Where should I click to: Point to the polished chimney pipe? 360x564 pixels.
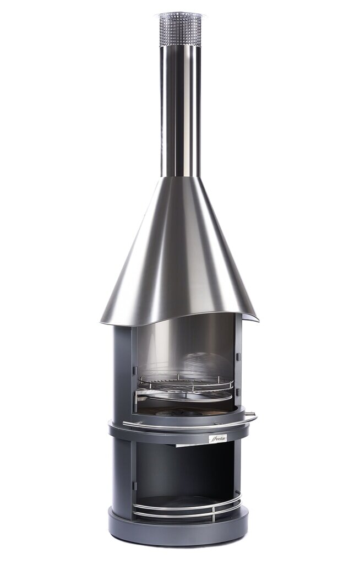(x=180, y=110)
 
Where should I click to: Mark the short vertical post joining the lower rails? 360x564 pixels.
(x=214, y=513)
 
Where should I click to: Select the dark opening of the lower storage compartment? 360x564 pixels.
(x=182, y=468)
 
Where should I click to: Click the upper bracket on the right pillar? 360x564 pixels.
(x=238, y=357)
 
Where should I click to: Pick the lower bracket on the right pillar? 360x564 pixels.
(x=238, y=392)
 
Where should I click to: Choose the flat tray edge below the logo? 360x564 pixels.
(x=193, y=444)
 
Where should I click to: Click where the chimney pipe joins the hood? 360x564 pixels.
(x=180, y=177)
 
